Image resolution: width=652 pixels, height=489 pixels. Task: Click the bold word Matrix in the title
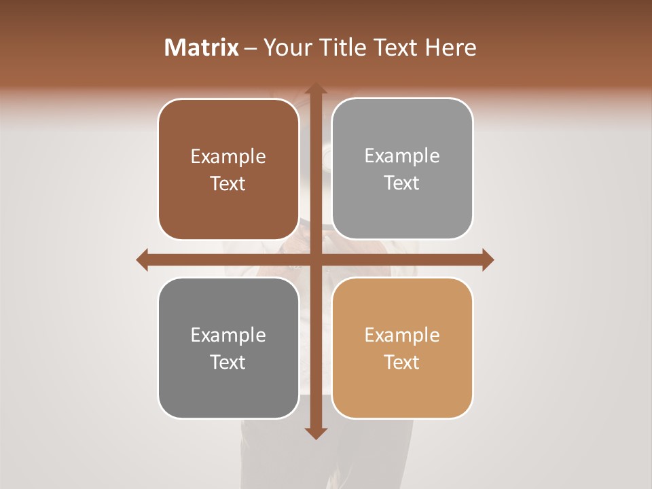pyautogui.click(x=202, y=48)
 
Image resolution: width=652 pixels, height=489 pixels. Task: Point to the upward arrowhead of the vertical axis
pyautogui.click(x=315, y=88)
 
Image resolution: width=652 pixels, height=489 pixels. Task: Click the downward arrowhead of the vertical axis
pyautogui.click(x=315, y=433)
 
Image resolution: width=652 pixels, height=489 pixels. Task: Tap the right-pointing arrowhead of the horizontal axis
pyautogui.click(x=487, y=259)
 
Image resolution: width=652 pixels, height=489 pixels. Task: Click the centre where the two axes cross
pyautogui.click(x=315, y=259)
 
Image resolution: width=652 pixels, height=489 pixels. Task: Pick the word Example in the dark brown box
pyautogui.click(x=228, y=156)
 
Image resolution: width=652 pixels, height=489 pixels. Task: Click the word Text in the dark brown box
pyautogui.click(x=228, y=183)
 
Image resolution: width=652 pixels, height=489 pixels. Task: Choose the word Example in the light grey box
pyautogui.click(x=402, y=156)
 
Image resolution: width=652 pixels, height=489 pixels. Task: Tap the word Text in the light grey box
pyautogui.click(x=402, y=183)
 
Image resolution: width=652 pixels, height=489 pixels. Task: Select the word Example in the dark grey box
pyautogui.click(x=228, y=335)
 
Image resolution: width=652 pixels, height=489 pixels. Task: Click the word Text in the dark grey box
pyautogui.click(x=228, y=362)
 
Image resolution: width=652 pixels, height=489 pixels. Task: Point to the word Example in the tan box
pyautogui.click(x=402, y=335)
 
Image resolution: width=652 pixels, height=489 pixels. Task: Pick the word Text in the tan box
pyautogui.click(x=402, y=362)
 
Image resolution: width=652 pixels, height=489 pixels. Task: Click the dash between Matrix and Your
pyautogui.click(x=251, y=48)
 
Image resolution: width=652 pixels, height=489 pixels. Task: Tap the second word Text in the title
pyautogui.click(x=396, y=48)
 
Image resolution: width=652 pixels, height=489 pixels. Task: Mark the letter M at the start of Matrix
pyautogui.click(x=174, y=48)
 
